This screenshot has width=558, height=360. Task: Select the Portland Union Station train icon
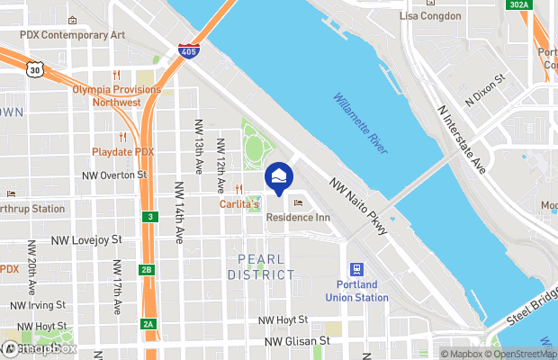(356, 270)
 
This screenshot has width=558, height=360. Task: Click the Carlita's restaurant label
(240, 205)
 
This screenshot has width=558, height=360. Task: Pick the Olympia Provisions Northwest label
(117, 95)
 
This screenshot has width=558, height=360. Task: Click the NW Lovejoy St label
(85, 241)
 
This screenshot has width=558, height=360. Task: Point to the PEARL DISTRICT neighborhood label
(266, 267)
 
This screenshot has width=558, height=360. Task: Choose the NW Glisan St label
(297, 342)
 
